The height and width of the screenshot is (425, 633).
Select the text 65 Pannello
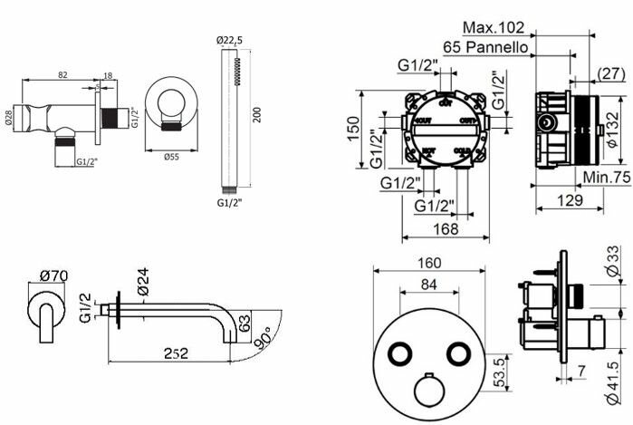[x=485, y=47]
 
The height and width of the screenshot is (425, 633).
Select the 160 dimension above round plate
[x=429, y=264]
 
